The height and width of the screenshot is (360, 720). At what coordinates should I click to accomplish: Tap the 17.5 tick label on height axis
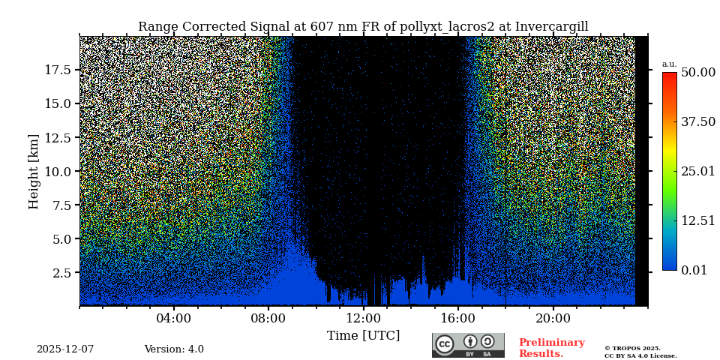pos(58,70)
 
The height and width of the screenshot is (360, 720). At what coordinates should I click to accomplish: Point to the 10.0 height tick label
pos(58,171)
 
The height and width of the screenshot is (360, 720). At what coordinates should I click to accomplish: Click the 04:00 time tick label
pos(174,318)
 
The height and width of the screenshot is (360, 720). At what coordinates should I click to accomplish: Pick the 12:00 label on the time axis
pos(364,318)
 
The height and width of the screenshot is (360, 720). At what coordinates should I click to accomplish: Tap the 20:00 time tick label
pos(553,318)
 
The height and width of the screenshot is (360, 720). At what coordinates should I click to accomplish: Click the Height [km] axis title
pos(34,171)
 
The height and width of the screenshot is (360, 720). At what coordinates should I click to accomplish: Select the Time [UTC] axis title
pos(363,335)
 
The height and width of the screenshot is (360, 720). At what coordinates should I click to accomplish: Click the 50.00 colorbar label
pos(697,72)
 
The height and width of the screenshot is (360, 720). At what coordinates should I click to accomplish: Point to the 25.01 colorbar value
pos(697,171)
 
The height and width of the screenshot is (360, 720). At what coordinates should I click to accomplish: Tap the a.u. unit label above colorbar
pos(669,64)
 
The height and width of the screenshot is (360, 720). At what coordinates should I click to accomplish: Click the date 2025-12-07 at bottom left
pos(65,349)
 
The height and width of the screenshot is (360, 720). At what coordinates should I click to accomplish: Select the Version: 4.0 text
pos(174,349)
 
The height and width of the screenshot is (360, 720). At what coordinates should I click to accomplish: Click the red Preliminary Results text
pos(551,348)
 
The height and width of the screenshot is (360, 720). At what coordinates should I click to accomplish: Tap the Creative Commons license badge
pos(468,345)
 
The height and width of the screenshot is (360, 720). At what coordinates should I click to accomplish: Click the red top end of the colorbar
pos(669,76)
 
